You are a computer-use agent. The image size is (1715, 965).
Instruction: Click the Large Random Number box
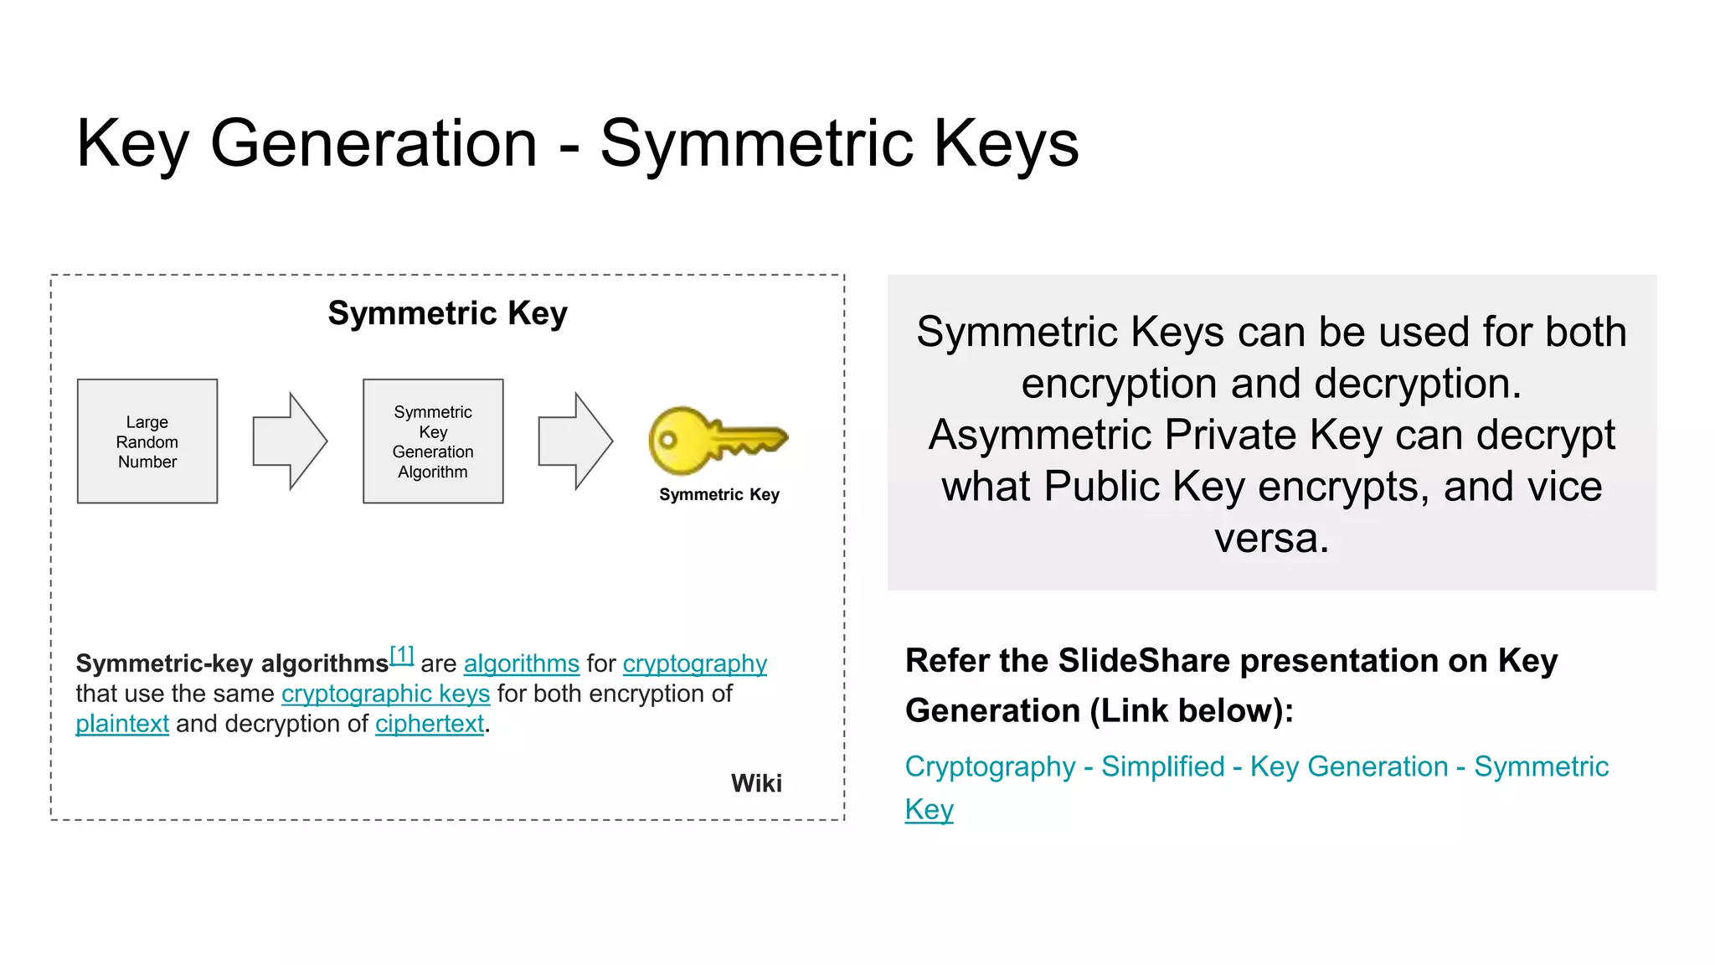click(147, 441)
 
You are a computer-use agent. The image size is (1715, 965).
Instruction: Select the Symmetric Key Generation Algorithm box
click(433, 441)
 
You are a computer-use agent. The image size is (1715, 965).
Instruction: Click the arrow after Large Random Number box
click(290, 441)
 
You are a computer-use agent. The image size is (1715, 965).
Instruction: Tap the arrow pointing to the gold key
click(575, 441)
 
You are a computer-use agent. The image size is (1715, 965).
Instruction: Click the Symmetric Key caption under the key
click(718, 495)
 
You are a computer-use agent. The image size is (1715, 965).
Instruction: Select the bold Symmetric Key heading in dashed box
click(447, 313)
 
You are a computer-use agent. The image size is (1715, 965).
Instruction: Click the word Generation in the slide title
click(373, 143)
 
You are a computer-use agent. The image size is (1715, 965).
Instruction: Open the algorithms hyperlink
click(521, 663)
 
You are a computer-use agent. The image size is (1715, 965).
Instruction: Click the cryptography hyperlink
click(694, 663)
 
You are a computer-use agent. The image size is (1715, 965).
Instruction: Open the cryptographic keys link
click(385, 694)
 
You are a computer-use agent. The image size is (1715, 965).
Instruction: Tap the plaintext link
click(122, 724)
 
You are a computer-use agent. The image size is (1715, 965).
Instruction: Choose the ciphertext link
click(429, 724)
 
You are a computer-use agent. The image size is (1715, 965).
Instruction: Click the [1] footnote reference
click(402, 655)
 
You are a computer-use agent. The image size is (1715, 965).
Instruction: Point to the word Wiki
click(756, 783)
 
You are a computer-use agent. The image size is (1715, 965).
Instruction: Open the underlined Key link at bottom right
click(929, 809)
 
